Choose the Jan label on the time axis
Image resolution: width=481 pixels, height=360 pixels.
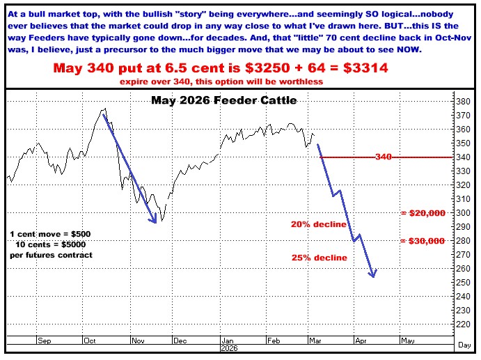[x=227, y=341]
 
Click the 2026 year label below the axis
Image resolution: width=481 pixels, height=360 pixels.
[x=228, y=347]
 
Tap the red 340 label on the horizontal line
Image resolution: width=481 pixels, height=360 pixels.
[x=383, y=157]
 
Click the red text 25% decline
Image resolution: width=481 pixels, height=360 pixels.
[x=319, y=258]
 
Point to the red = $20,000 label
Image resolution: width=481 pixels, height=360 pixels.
[x=423, y=213]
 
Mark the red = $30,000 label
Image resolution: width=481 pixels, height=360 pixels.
[x=423, y=241]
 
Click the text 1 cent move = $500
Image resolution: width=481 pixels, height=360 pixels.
[x=50, y=233]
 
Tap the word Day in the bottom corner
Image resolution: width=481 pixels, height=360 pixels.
[x=466, y=345]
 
